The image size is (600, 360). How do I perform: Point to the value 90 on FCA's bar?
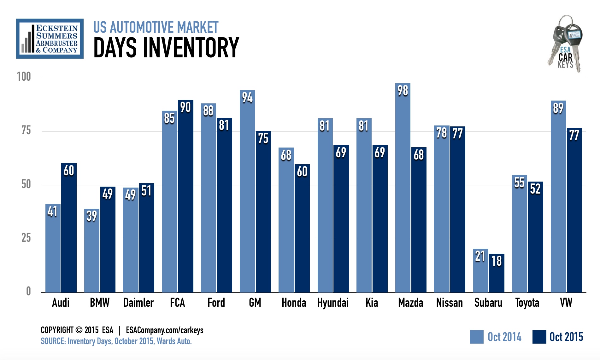pyautogui.click(x=185, y=107)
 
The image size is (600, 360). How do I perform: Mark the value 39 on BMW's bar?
pyautogui.click(x=92, y=216)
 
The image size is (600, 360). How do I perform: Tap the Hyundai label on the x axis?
pyautogui.click(x=333, y=303)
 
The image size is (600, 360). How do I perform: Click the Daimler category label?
pyautogui.click(x=138, y=303)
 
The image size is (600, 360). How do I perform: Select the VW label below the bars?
pyautogui.click(x=566, y=303)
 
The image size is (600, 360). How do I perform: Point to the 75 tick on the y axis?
pyautogui.click(x=26, y=131)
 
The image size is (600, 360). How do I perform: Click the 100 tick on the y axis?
pyautogui.click(x=24, y=77)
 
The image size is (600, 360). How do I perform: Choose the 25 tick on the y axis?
pyautogui.click(x=26, y=238)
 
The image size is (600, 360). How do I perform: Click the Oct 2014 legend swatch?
pyautogui.click(x=476, y=337)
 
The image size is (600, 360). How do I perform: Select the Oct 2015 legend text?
pyautogui.click(x=566, y=337)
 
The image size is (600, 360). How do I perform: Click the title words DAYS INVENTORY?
pyautogui.click(x=166, y=48)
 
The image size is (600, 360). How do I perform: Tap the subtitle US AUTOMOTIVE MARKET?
pyautogui.click(x=156, y=27)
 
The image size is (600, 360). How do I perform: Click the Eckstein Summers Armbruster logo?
pyautogui.click(x=50, y=38)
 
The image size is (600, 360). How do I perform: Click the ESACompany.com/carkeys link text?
pyautogui.click(x=164, y=330)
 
